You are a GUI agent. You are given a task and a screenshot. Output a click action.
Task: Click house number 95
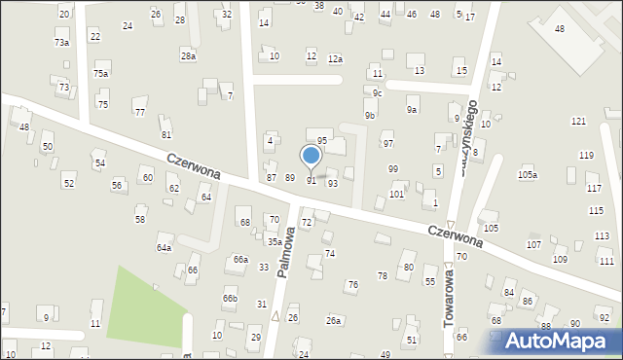[321, 141]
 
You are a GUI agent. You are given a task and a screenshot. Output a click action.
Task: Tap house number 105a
[527, 174]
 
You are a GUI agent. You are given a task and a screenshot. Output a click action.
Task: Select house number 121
[578, 121]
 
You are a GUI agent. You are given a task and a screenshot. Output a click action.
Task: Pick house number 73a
[61, 43]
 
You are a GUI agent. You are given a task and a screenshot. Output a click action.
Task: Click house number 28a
[186, 56]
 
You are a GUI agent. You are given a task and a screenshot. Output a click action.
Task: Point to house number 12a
[335, 59]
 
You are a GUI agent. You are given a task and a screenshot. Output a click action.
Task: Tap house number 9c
[377, 93]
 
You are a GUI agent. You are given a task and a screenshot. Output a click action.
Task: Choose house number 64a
[164, 248]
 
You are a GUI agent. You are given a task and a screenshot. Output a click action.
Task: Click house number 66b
[230, 298]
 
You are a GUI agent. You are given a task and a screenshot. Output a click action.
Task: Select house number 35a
[275, 241]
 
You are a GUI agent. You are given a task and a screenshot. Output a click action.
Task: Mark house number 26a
[334, 320]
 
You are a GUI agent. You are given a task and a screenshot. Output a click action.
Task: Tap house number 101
[396, 195]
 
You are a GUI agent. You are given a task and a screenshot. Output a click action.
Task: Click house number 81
[166, 134]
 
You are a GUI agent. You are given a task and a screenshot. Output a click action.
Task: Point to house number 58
[140, 220]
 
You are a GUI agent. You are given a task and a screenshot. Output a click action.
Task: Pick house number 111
[606, 262]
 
